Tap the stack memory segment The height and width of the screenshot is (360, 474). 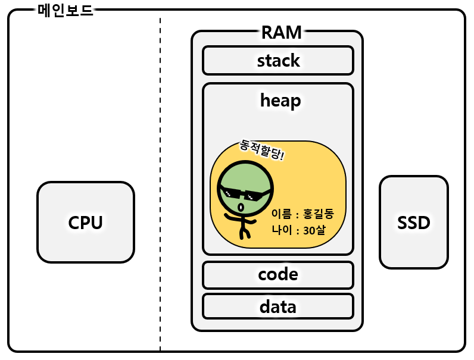pos(278,61)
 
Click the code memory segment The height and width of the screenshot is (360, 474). pos(278,275)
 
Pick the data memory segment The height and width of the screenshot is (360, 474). pos(278,306)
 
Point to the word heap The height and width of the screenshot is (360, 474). pos(280,101)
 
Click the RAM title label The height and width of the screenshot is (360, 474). pos(281,33)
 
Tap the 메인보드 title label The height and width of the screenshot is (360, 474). pos(65,11)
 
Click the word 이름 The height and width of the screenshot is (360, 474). pos(280,213)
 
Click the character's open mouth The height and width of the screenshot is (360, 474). pos(241,207)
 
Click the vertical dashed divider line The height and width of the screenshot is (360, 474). pos(160,179)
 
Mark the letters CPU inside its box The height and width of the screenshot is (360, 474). pos(85,223)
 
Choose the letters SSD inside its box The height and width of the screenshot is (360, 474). pos(413,223)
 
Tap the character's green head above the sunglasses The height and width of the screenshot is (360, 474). pos(245,176)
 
